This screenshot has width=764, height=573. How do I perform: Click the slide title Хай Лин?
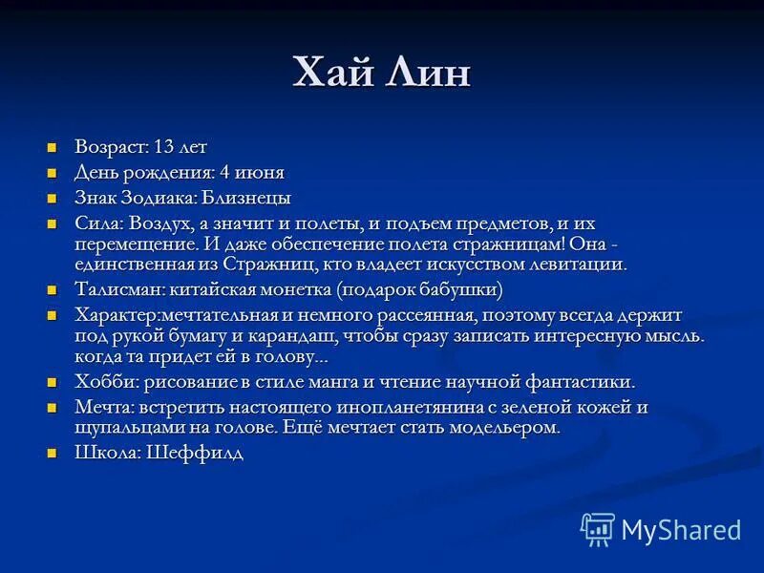(x=381, y=74)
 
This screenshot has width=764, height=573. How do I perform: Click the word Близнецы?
(x=246, y=199)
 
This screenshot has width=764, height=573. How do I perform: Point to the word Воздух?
(x=150, y=223)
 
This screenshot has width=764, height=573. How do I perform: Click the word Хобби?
(x=101, y=382)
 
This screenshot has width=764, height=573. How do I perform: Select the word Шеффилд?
(x=195, y=454)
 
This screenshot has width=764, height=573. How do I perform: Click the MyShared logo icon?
(x=598, y=529)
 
